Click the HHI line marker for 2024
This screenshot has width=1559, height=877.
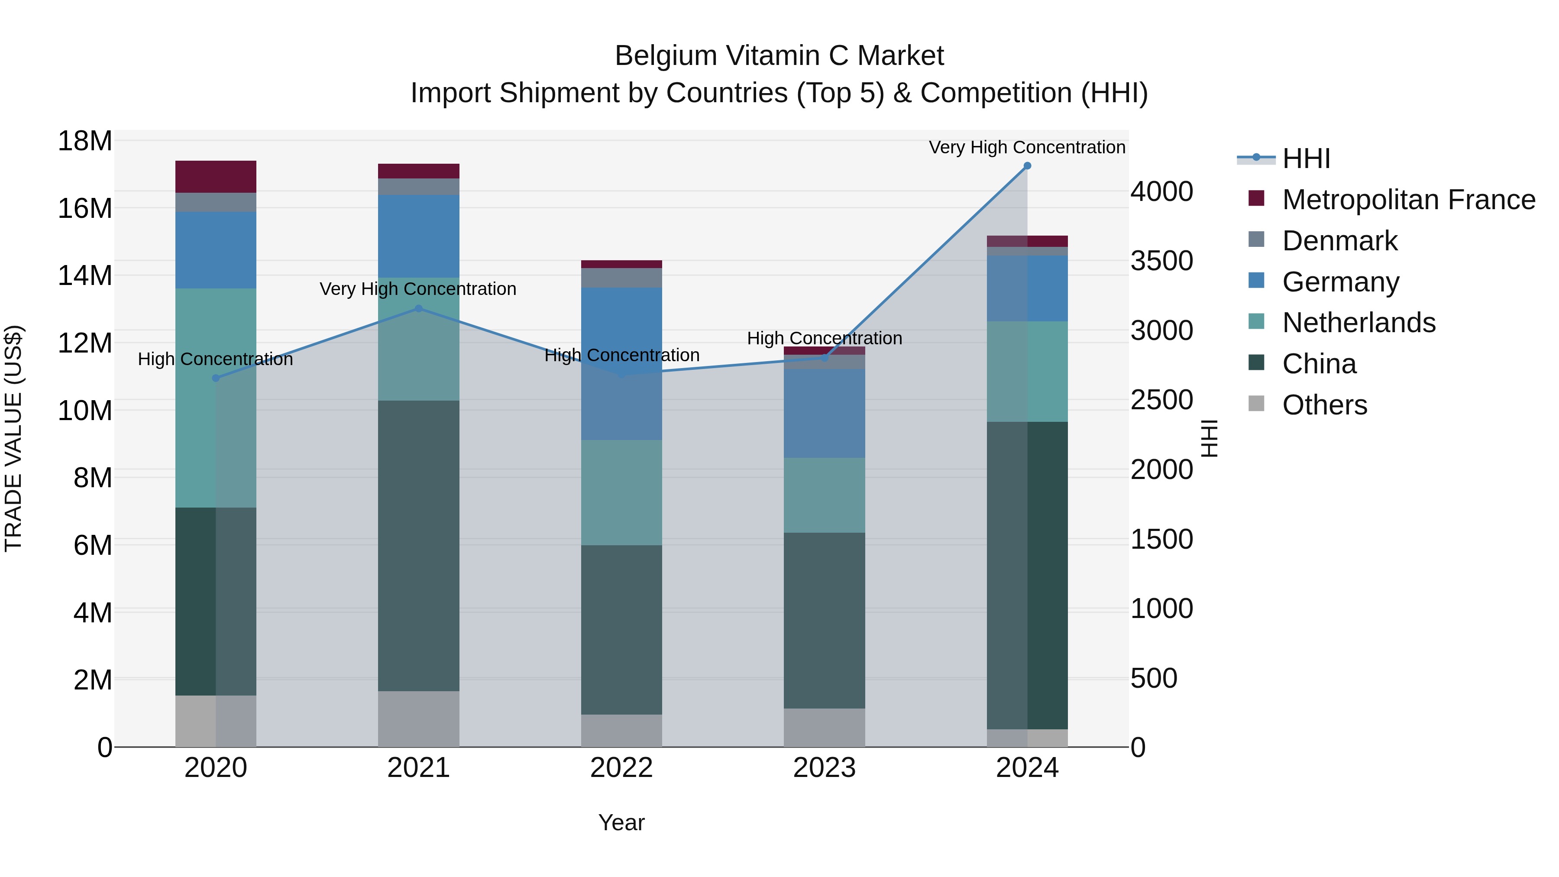pyautogui.click(x=1027, y=166)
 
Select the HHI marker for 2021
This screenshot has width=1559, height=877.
pyautogui.click(x=418, y=309)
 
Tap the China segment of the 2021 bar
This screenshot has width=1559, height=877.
pyautogui.click(x=418, y=545)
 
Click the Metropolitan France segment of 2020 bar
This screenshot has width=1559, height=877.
pyautogui.click(x=216, y=177)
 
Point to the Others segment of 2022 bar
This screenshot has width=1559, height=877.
pyautogui.click(x=621, y=731)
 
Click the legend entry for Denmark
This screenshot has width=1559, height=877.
pyautogui.click(x=1339, y=241)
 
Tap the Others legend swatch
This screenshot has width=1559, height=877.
pyautogui.click(x=1256, y=404)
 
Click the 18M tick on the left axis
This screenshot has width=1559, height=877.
pyautogui.click(x=85, y=141)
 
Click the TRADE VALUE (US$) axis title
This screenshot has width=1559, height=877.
pyautogui.click(x=14, y=438)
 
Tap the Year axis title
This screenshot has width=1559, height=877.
pyautogui.click(x=621, y=822)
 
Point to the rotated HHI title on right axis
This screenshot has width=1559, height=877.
pyautogui.click(x=1209, y=438)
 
